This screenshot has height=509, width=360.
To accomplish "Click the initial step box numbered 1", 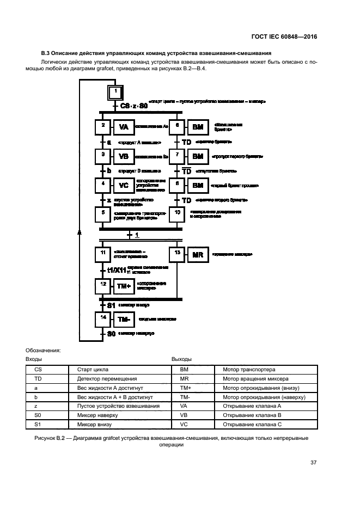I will [x=115, y=92].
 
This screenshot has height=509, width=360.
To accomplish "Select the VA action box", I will [x=124, y=128].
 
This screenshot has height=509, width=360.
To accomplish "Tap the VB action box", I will [x=124, y=157].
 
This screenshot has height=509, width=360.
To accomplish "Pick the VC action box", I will [x=124, y=186].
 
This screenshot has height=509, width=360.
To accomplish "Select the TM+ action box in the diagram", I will [x=124, y=285].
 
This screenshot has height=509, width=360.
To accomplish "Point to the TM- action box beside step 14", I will [x=124, y=320].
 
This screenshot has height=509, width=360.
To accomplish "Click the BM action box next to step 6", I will [x=197, y=128].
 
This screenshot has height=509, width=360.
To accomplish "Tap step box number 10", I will [x=177, y=214].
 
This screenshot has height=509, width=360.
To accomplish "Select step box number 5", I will [x=103, y=214].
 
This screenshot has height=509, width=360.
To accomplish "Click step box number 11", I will [x=103, y=254].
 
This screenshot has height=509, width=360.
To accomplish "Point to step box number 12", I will [x=103, y=285].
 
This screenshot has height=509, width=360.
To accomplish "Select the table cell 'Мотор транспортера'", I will [x=249, y=369].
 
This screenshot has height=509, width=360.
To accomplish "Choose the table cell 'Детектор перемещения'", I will [x=96, y=378].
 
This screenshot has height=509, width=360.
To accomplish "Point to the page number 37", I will [x=313, y=463].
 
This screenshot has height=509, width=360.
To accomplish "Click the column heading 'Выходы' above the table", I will [x=181, y=359].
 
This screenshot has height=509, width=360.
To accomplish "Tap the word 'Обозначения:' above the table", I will [x=44, y=350].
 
